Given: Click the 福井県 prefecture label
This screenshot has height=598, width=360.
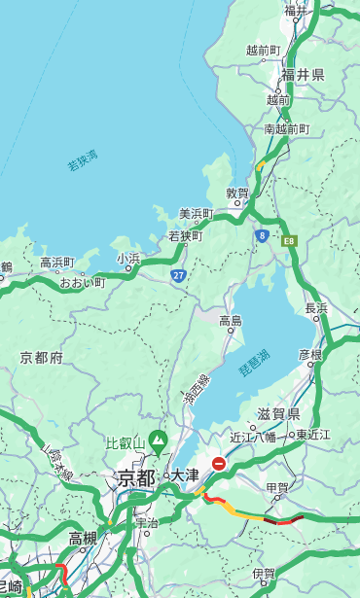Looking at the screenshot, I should [x=303, y=75].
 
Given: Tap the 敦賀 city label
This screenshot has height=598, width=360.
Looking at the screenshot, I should [x=238, y=193].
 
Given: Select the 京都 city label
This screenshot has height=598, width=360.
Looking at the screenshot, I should [x=136, y=477].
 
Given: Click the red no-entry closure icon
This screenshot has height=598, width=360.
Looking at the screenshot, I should [x=220, y=465].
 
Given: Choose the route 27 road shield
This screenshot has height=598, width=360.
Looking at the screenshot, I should [x=179, y=275].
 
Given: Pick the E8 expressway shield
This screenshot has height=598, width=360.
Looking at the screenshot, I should [x=288, y=239].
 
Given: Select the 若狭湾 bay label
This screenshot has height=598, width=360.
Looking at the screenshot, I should [x=83, y=160].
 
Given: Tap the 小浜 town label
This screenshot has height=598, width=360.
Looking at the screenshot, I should [x=129, y=258].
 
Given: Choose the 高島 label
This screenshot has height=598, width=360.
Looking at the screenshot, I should [x=231, y=320].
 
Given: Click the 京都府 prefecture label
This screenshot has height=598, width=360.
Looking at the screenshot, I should [x=42, y=358].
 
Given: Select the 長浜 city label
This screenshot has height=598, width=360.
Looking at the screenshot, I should [x=316, y=307].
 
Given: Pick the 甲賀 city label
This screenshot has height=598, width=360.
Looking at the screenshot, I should [x=277, y=486].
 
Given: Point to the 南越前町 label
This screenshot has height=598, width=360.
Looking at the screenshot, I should [x=286, y=128].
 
